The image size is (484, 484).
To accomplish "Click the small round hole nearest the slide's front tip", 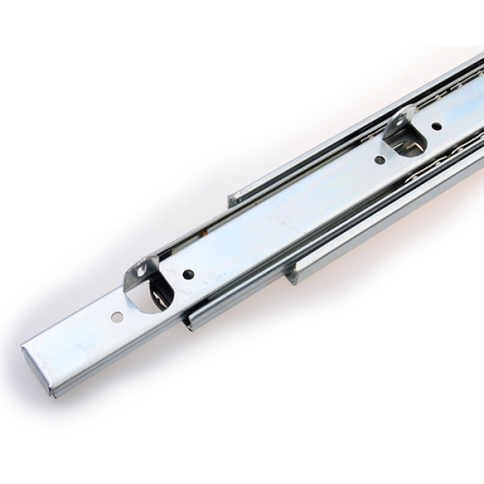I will [116, 317].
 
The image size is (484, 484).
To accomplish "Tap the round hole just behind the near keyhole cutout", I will [187, 274].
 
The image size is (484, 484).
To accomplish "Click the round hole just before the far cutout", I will [379, 160].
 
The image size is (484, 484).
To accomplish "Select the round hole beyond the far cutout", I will [437, 125].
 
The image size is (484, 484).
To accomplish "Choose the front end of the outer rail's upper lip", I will [232, 199].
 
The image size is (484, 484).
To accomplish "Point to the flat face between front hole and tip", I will [77, 339].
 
